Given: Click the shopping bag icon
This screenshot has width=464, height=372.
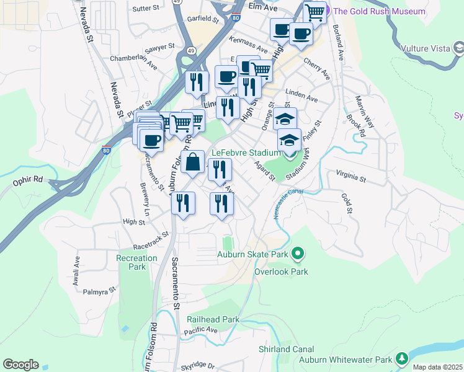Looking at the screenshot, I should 193,162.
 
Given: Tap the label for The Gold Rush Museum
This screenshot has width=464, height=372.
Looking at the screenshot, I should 380,11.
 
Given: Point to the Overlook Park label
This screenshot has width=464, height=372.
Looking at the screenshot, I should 281,272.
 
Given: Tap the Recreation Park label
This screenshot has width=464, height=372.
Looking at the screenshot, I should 136,262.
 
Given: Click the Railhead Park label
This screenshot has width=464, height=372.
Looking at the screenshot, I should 213,319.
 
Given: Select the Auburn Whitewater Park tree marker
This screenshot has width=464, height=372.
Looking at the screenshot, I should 403,358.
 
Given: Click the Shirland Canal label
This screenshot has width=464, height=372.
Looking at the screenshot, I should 286,350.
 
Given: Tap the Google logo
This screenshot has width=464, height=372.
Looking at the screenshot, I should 20,365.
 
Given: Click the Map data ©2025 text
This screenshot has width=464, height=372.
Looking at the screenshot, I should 437,368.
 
